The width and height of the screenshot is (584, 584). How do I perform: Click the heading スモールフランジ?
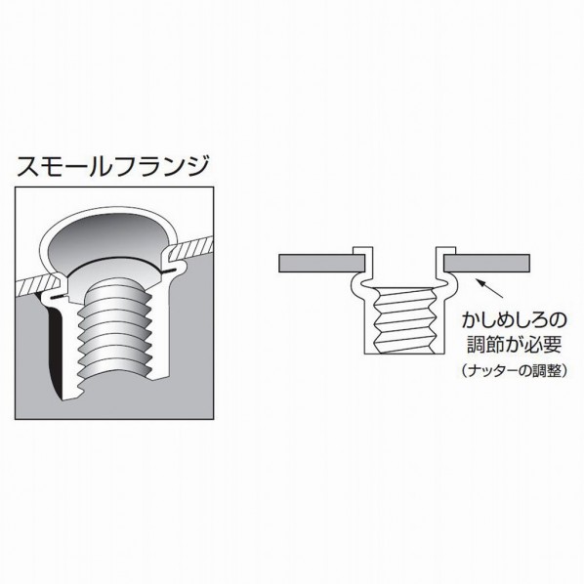(112, 166)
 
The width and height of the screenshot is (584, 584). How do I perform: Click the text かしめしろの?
(514, 320)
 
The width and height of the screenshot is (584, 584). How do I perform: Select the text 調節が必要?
(514, 345)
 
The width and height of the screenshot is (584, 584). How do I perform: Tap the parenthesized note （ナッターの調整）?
(514, 370)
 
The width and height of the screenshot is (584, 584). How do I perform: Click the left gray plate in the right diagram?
(321, 264)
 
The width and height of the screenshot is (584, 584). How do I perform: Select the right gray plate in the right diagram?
(486, 264)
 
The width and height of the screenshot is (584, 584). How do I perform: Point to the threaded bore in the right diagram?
(404, 320)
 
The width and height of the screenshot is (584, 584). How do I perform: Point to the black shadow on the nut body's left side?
(55, 350)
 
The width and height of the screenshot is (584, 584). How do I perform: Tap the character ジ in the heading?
(195, 166)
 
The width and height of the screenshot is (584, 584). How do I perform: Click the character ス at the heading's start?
(28, 166)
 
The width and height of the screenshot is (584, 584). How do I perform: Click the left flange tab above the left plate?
(362, 251)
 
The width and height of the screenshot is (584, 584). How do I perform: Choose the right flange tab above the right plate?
(446, 251)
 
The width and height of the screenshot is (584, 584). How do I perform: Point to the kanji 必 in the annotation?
(533, 345)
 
